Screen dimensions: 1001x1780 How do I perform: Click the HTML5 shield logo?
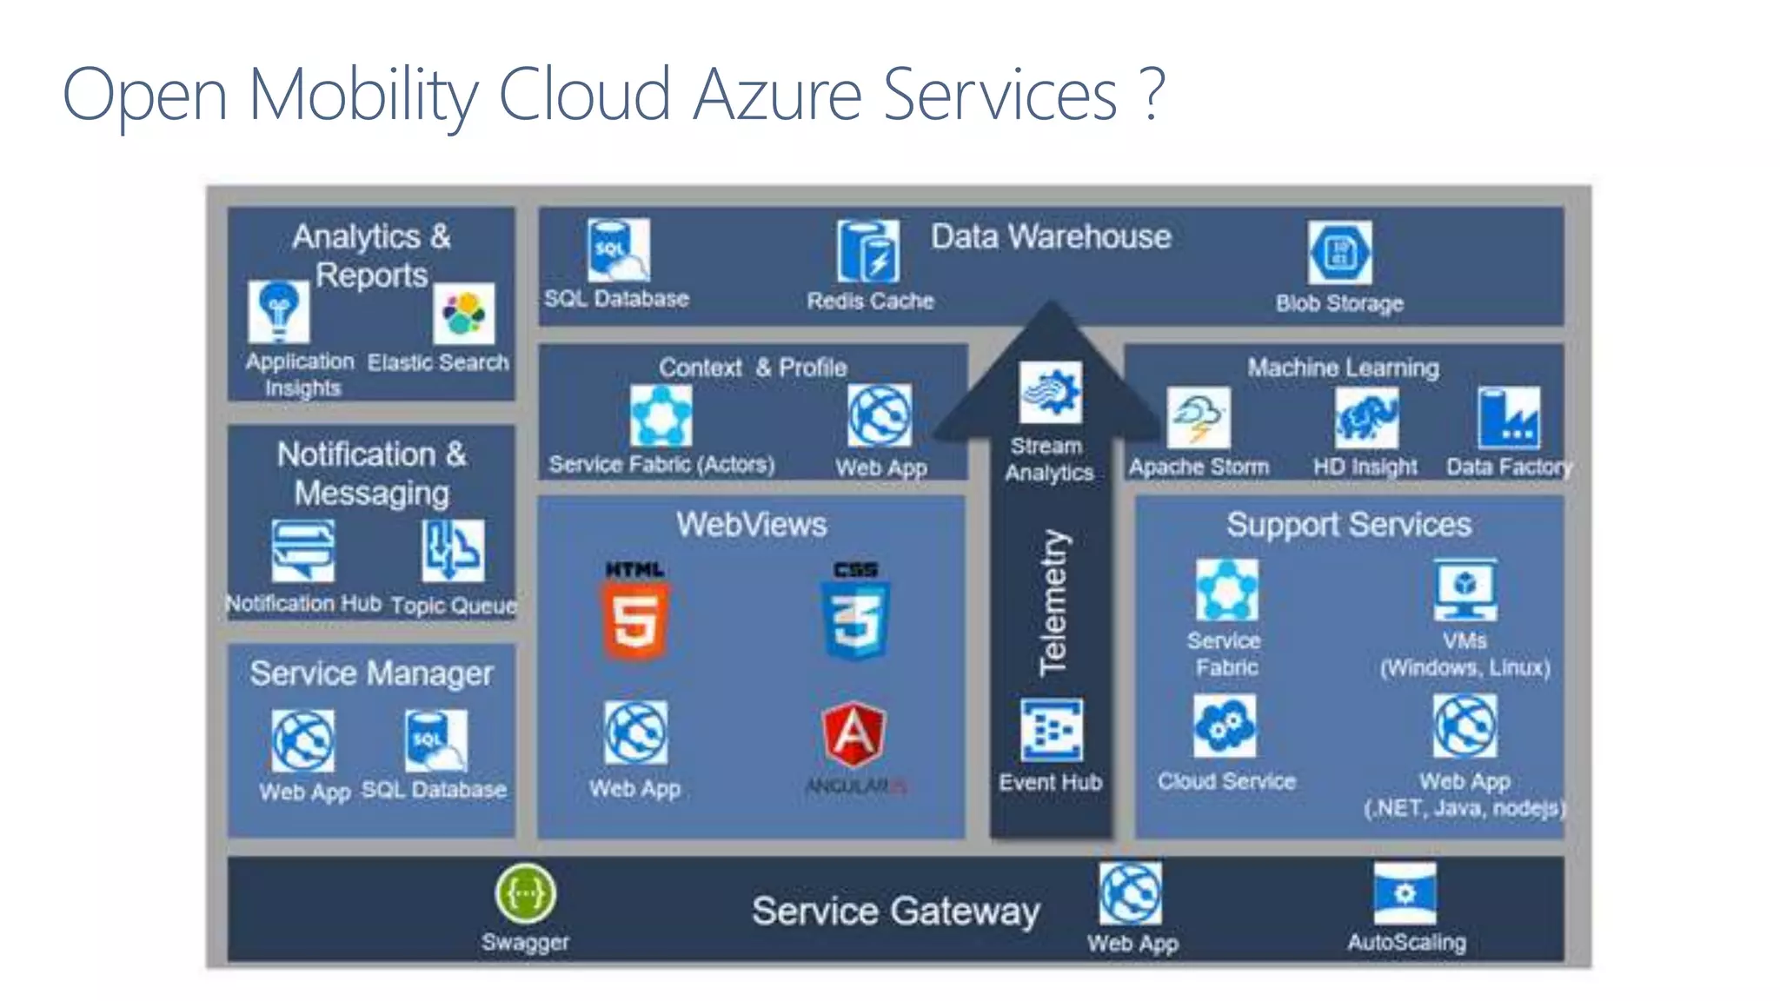point(635,619)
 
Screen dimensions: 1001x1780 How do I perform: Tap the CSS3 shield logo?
point(856,619)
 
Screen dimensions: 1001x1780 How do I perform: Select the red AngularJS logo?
point(854,735)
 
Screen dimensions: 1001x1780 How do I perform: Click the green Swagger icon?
point(525,893)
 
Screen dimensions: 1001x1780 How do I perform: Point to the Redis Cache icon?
point(868,252)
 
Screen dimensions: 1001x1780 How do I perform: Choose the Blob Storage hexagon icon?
point(1339,253)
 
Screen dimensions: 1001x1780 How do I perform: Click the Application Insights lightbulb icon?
point(278,312)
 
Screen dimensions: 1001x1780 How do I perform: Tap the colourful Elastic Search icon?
point(464,314)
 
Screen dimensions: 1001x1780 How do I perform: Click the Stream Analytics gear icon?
point(1051,393)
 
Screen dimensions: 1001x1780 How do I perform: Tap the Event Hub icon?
point(1052,730)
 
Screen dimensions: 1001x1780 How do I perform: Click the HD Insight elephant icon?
point(1366,418)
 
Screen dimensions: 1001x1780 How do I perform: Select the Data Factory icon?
point(1508,419)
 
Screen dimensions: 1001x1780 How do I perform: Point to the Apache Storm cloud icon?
point(1199,419)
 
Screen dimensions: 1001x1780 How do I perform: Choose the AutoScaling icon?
point(1405,893)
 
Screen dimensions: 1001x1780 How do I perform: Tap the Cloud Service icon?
point(1225,726)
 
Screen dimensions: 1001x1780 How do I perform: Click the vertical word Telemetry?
point(1053,603)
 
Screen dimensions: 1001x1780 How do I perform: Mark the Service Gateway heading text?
point(895,912)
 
